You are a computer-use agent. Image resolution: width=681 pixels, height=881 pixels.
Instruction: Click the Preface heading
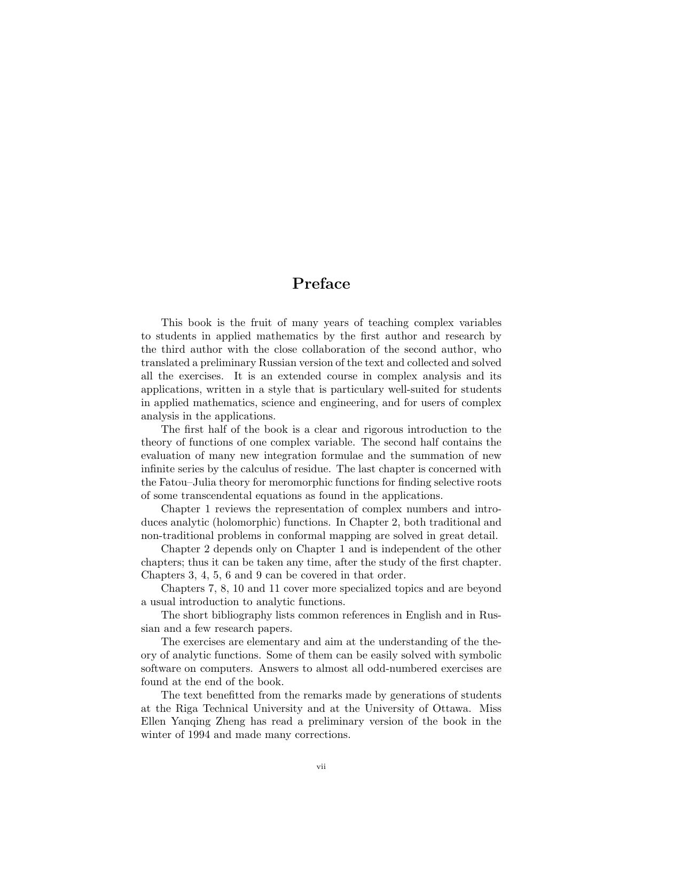point(321,283)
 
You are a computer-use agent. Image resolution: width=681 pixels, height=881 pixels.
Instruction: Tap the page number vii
point(321,767)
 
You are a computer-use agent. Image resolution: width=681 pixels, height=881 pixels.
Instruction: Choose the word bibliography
point(239,615)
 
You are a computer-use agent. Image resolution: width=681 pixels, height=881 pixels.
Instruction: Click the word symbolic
point(481,655)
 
